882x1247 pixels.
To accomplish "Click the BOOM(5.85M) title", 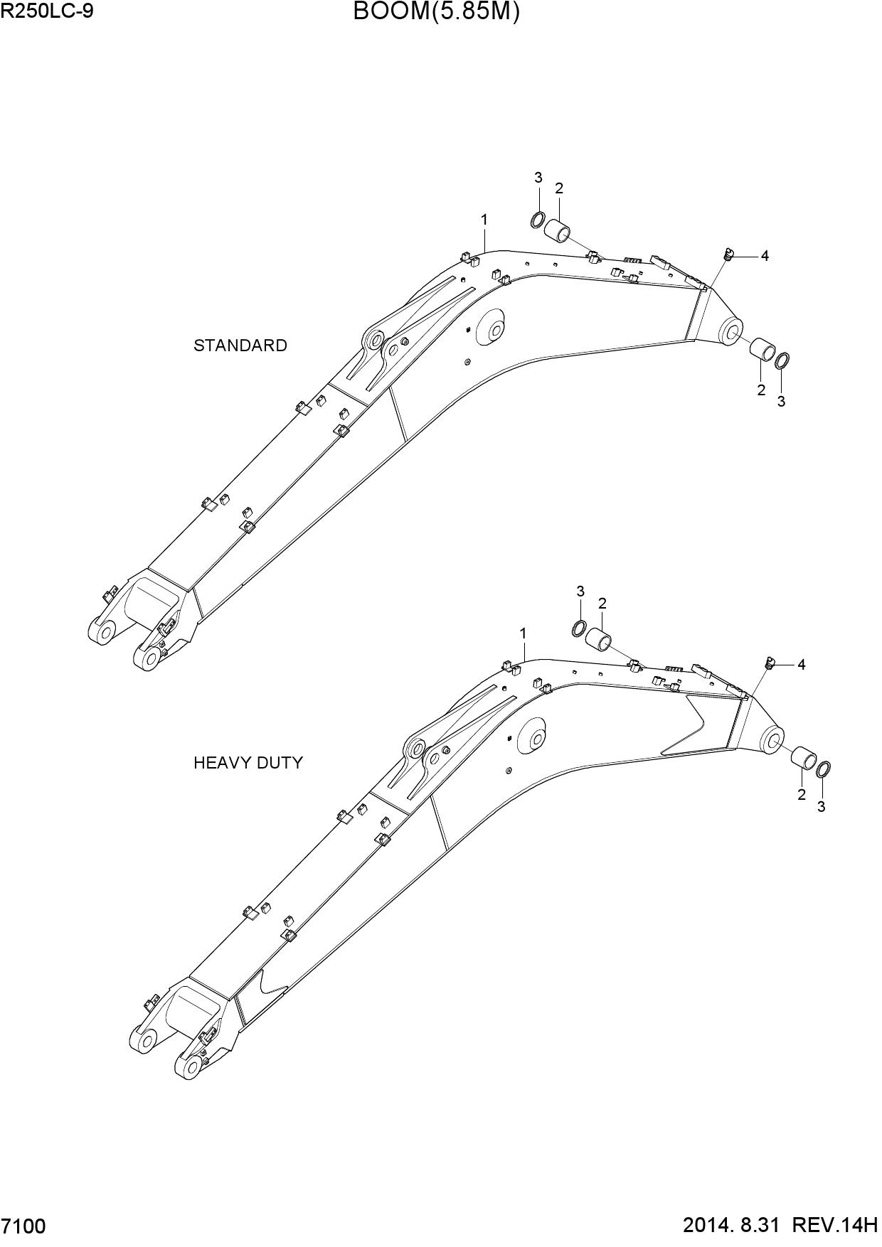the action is tap(436, 11).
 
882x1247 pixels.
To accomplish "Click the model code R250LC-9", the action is tap(47, 11).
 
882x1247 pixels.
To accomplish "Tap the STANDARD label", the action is tap(240, 346).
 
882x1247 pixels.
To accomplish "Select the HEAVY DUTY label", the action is tap(248, 763).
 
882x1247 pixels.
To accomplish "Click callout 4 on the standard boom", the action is tap(765, 256).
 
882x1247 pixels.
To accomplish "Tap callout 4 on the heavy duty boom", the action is tap(801, 665).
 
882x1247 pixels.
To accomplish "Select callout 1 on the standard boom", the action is tap(484, 220).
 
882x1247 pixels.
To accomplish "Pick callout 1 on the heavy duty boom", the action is tap(523, 633).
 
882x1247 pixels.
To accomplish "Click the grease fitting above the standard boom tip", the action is tap(728, 253).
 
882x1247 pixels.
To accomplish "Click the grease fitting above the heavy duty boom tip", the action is tap(769, 663).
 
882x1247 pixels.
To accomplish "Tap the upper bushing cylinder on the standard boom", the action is tap(558, 232).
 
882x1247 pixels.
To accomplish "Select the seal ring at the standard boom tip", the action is tap(782, 360).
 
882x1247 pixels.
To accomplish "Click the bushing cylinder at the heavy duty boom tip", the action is tap(805, 758).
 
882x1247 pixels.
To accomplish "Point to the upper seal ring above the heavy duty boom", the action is tap(580, 628).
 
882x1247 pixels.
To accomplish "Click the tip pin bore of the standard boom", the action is tap(731, 332).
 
